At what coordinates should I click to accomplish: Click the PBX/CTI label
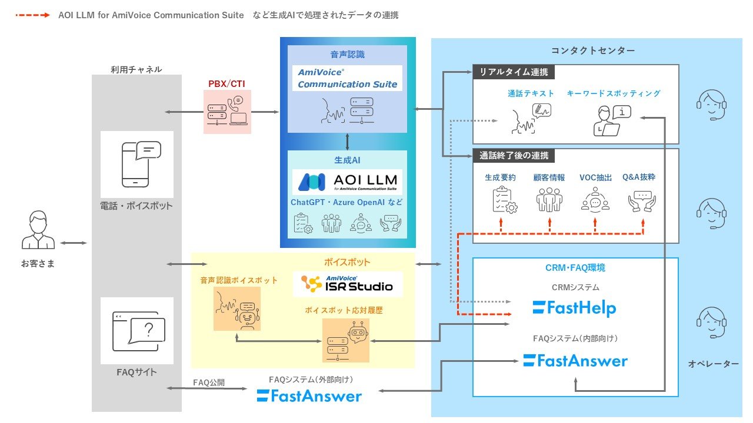(x=226, y=83)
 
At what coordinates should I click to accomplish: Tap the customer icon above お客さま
(x=38, y=231)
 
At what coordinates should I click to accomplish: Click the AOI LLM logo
(x=347, y=182)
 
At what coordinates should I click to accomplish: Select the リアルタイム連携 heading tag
(x=513, y=72)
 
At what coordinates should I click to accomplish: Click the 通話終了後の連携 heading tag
(x=513, y=156)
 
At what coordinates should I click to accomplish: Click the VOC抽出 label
(x=595, y=177)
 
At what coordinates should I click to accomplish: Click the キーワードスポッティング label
(x=614, y=93)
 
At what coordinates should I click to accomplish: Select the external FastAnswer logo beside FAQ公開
(x=309, y=396)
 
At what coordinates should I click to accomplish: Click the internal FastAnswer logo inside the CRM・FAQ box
(x=575, y=360)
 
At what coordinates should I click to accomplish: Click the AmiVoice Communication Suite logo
(x=347, y=78)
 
